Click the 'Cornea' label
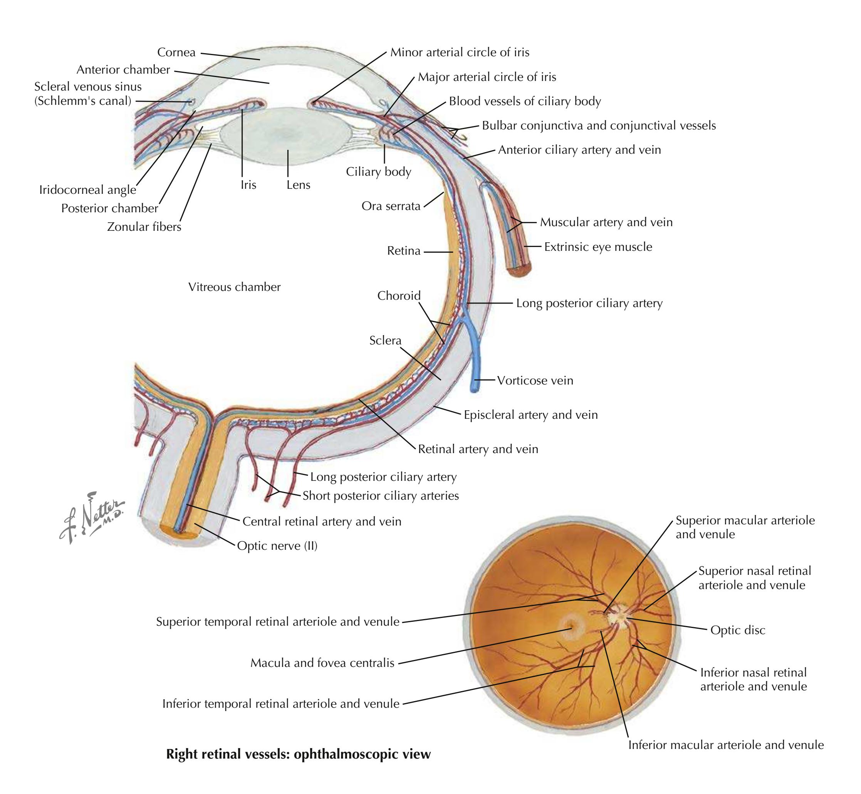click(176, 52)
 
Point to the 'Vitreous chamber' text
click(234, 287)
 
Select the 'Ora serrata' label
click(391, 206)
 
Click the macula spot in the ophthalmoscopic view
click(572, 627)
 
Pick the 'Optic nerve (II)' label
click(277, 546)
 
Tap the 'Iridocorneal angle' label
click(88, 190)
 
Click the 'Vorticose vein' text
click(535, 381)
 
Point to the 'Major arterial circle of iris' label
click(487, 77)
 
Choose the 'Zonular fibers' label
click(144, 227)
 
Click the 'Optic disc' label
click(738, 630)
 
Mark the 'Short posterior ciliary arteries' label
click(381, 496)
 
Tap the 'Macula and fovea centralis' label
click(322, 663)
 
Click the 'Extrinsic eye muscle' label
click(598, 247)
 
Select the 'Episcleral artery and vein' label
click(530, 415)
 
